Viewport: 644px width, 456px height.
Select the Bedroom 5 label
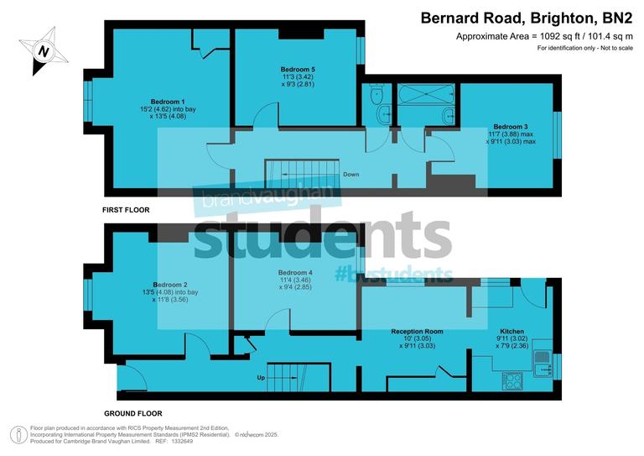[296, 67]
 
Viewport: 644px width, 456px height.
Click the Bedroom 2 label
[169, 284]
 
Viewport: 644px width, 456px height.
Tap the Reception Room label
[417, 332]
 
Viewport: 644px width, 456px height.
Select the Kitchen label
[512, 332]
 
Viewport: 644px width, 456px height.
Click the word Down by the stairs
[351, 175]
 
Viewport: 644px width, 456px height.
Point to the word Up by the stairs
[261, 378]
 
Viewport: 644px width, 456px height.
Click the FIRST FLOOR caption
[126, 210]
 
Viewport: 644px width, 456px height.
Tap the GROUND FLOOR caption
[132, 413]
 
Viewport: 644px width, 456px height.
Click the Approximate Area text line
[544, 36]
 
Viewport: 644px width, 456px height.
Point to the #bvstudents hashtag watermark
[393, 275]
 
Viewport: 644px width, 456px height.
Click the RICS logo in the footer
[18, 434]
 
